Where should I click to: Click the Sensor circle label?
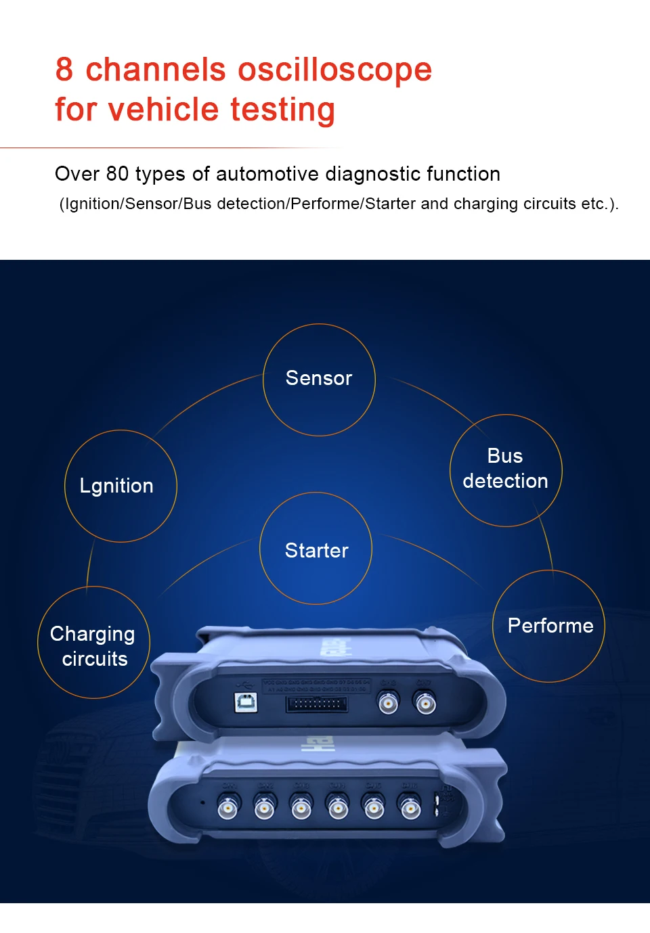pyautogui.click(x=319, y=378)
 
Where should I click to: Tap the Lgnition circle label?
pyautogui.click(x=116, y=486)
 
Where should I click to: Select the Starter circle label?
pyautogui.click(x=316, y=551)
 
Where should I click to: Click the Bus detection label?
pyautogui.click(x=505, y=469)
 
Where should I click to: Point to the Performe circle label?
pyautogui.click(x=550, y=626)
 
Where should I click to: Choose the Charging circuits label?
pyautogui.click(x=93, y=646)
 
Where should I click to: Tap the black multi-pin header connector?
pyautogui.click(x=317, y=704)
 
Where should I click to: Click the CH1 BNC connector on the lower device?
pyautogui.click(x=227, y=806)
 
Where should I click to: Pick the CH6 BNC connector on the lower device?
pyautogui.click(x=409, y=807)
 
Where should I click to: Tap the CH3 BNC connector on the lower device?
pyautogui.click(x=301, y=806)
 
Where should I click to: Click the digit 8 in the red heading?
pyautogui.click(x=64, y=70)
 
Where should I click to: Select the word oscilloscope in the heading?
pyautogui.click(x=334, y=70)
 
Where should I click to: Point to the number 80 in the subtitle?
pyautogui.click(x=117, y=174)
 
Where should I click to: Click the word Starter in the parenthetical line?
pyautogui.click(x=390, y=204)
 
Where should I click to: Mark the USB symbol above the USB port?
pyautogui.click(x=242, y=686)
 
